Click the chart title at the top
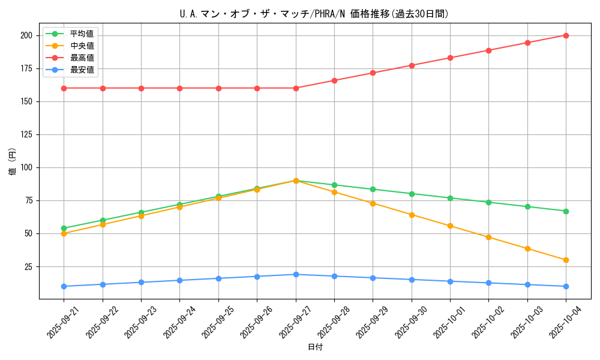coord(314,14)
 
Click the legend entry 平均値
coord(82,34)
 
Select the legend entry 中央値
coord(82,46)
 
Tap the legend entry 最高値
coord(82,58)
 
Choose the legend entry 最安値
coord(82,70)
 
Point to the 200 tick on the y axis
coord(25,35)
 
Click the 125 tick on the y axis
coord(25,134)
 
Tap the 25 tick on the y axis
coord(28,266)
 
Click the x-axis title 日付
coord(315,347)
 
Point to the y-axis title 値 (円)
coord(13,161)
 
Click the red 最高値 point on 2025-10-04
coord(566,35)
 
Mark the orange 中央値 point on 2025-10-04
coord(566,260)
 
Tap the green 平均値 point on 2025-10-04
coord(566,211)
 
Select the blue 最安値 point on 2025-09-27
coord(296,274)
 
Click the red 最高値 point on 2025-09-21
coord(64,88)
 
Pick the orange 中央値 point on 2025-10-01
coord(450,226)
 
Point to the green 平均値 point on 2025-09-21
coord(64,228)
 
